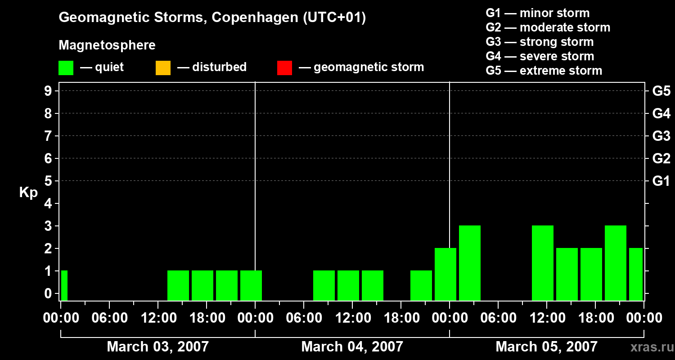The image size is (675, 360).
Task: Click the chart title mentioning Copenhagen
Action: pos(212,18)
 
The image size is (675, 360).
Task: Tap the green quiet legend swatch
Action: pos(66,67)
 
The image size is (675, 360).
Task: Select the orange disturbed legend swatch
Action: pos(163,67)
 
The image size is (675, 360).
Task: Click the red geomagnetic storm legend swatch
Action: pos(284,67)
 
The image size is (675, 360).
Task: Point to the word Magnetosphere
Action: pos(107,45)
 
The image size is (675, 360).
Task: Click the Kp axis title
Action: pos(28,193)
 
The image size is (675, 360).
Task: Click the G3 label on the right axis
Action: pos(661,136)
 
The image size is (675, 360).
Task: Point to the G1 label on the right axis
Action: pos(661,181)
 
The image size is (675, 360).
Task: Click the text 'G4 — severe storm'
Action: pos(540,56)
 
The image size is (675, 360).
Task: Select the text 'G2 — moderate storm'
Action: pos(548,27)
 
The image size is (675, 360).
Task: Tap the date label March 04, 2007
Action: pos(352,346)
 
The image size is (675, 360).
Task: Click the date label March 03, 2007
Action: pos(157,346)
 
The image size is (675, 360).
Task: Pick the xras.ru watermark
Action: pos(648,347)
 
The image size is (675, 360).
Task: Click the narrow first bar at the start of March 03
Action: pos(64,285)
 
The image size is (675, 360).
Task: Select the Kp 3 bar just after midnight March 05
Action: pos(470,263)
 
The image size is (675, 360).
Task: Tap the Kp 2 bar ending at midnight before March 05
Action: pos(445,274)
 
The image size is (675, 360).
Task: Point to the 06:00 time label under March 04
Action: pos(303,318)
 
